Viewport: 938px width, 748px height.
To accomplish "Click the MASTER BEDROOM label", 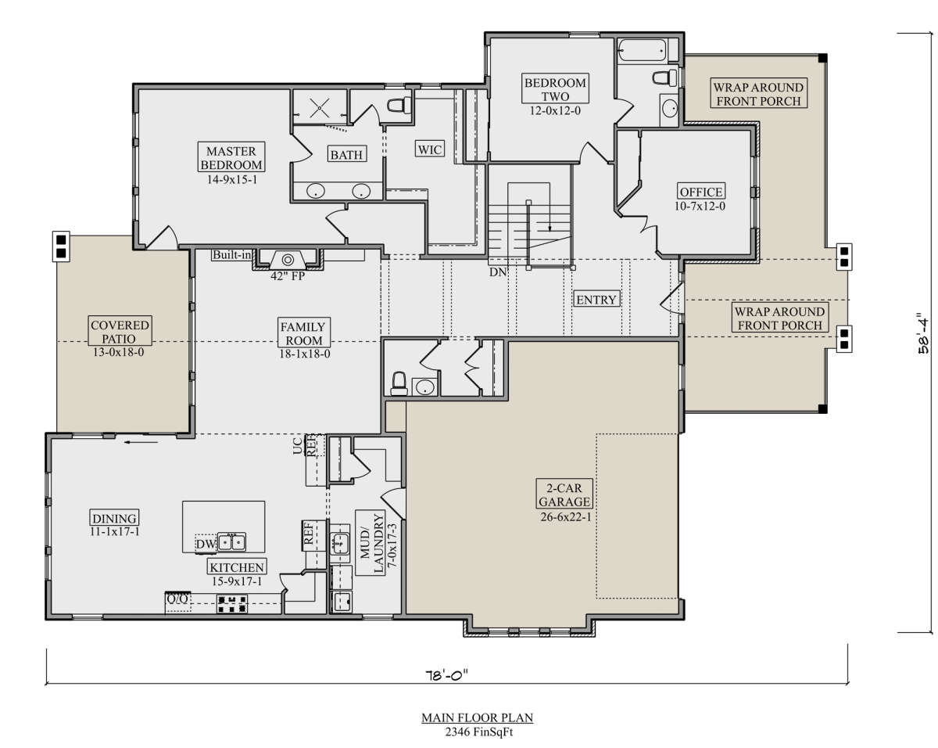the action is (x=231, y=157).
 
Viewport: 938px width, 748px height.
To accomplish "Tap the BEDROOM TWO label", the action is (x=555, y=89).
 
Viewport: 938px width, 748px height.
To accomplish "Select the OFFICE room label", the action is (x=701, y=192).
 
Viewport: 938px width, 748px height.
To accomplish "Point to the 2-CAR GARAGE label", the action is (x=564, y=494).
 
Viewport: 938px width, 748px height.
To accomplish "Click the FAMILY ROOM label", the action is (x=304, y=333).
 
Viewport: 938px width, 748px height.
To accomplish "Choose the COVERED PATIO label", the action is (x=120, y=331).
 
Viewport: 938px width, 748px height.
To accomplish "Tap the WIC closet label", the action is (x=430, y=149).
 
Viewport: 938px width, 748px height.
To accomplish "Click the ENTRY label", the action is (x=596, y=300).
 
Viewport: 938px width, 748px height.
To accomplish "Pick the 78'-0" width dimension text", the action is (x=446, y=675).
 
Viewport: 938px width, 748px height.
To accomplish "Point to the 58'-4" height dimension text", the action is (x=922, y=333).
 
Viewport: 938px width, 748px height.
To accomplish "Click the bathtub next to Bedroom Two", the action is (x=642, y=50).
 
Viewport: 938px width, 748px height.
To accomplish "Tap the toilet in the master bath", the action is (x=399, y=105).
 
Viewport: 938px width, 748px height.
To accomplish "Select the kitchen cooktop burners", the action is (x=232, y=603).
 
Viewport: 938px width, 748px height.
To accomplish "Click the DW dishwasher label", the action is (x=206, y=544).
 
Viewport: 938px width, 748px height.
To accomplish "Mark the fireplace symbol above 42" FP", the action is (x=288, y=260).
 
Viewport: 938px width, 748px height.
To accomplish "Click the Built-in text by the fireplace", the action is (x=231, y=254).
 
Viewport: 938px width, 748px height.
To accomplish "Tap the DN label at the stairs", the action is (x=498, y=272).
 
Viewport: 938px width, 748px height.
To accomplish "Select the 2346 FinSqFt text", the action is (x=478, y=732).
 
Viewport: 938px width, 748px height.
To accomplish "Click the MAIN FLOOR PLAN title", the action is (x=478, y=718).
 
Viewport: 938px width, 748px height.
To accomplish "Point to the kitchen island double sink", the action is (x=231, y=542).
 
